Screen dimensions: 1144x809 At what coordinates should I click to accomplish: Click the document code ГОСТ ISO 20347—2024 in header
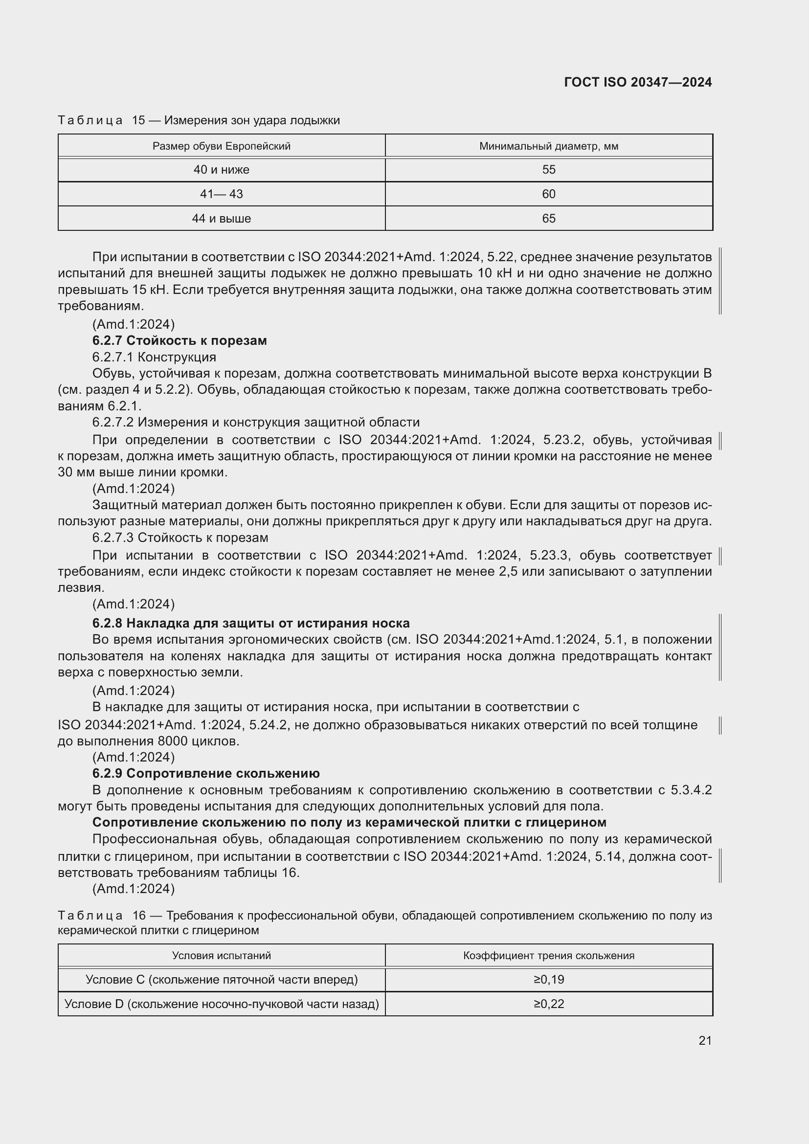[x=638, y=82]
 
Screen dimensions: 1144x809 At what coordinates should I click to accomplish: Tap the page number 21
[x=705, y=1040]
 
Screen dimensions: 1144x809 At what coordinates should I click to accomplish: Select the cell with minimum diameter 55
[x=548, y=169]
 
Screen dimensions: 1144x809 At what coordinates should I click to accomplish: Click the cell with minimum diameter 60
[x=548, y=194]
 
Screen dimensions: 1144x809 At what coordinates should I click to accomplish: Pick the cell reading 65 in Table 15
[x=548, y=218]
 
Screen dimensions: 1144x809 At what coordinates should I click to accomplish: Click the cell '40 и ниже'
[x=221, y=169]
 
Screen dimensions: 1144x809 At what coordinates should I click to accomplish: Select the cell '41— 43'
[x=221, y=194]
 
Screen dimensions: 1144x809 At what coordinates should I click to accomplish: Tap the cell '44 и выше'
[x=221, y=218]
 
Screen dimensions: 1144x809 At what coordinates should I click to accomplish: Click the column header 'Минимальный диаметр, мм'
[x=548, y=146]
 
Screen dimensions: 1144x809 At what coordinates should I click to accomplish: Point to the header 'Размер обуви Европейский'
[x=221, y=146]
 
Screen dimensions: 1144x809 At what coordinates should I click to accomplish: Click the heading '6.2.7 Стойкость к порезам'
[x=180, y=340]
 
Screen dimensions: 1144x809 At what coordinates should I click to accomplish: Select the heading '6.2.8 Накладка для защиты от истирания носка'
[x=250, y=623]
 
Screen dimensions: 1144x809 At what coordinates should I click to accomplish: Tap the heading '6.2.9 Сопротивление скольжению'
[x=206, y=773]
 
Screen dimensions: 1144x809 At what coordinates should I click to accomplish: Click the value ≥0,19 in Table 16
[x=548, y=980]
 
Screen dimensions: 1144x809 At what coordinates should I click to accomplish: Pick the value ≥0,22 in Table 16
[x=548, y=1004]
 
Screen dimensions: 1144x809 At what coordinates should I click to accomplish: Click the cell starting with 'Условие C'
[x=221, y=980]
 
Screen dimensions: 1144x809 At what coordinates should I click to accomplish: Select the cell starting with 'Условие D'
[x=221, y=1004]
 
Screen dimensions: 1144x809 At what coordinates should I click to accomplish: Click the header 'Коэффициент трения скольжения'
[x=548, y=956]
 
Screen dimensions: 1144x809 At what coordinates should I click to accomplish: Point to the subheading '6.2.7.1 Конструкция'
[x=154, y=357]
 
